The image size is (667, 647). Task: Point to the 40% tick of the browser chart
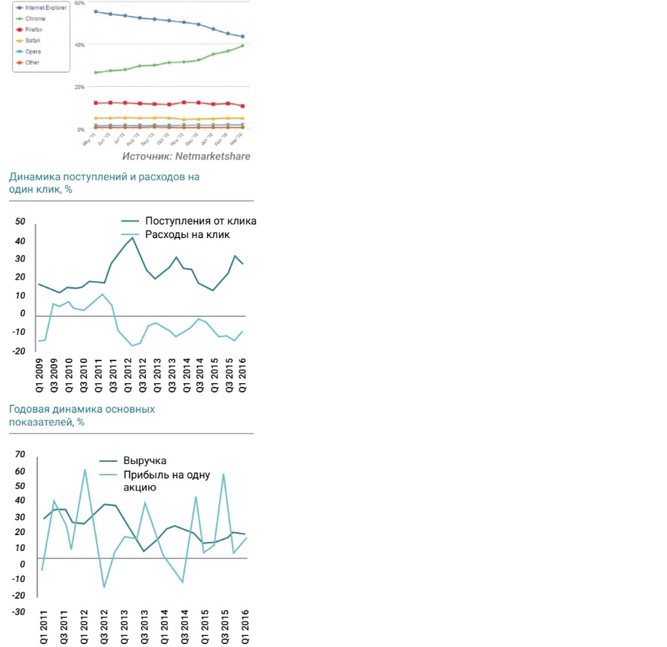click(79, 45)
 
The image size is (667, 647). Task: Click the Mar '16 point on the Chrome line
click(242, 45)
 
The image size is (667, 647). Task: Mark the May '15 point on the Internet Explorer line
click(96, 11)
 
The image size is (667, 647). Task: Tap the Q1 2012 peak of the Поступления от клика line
click(133, 237)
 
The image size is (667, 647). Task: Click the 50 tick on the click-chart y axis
click(20, 222)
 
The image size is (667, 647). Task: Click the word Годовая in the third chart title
click(29, 409)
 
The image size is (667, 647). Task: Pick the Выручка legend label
click(144, 461)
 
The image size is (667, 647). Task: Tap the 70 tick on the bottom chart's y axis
click(20, 455)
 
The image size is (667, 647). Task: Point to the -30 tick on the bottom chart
click(19, 611)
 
